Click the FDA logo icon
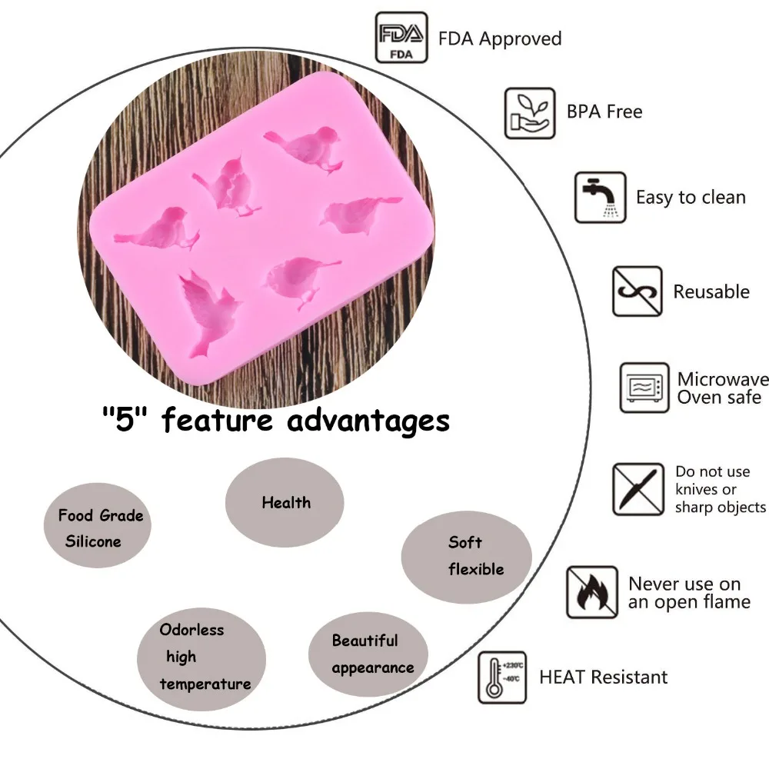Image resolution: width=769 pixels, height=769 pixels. (x=401, y=38)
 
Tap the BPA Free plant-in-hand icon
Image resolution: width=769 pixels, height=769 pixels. (x=530, y=113)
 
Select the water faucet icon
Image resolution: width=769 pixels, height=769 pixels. (x=601, y=197)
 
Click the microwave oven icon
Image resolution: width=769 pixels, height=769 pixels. (x=644, y=388)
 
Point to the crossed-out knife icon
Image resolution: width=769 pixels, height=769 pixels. (x=638, y=489)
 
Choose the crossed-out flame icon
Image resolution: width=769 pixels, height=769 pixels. (x=592, y=592)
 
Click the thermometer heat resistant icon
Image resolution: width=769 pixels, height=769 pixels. (x=502, y=677)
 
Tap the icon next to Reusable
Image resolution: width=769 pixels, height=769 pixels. (x=637, y=291)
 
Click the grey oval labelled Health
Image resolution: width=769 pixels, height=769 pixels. (x=285, y=502)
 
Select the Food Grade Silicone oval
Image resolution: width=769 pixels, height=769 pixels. (x=98, y=526)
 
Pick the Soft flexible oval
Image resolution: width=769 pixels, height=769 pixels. (x=467, y=557)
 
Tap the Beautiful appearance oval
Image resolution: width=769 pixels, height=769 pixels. (x=368, y=654)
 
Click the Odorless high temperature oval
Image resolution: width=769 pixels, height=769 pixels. (x=201, y=659)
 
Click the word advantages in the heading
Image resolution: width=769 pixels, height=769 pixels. (x=368, y=421)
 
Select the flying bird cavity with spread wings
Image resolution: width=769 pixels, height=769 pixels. (x=210, y=313)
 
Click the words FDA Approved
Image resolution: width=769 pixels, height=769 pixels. (x=500, y=38)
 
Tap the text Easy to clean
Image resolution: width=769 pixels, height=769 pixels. (x=691, y=197)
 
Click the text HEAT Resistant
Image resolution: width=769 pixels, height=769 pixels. (x=603, y=677)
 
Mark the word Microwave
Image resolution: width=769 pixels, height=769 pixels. (x=723, y=379)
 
